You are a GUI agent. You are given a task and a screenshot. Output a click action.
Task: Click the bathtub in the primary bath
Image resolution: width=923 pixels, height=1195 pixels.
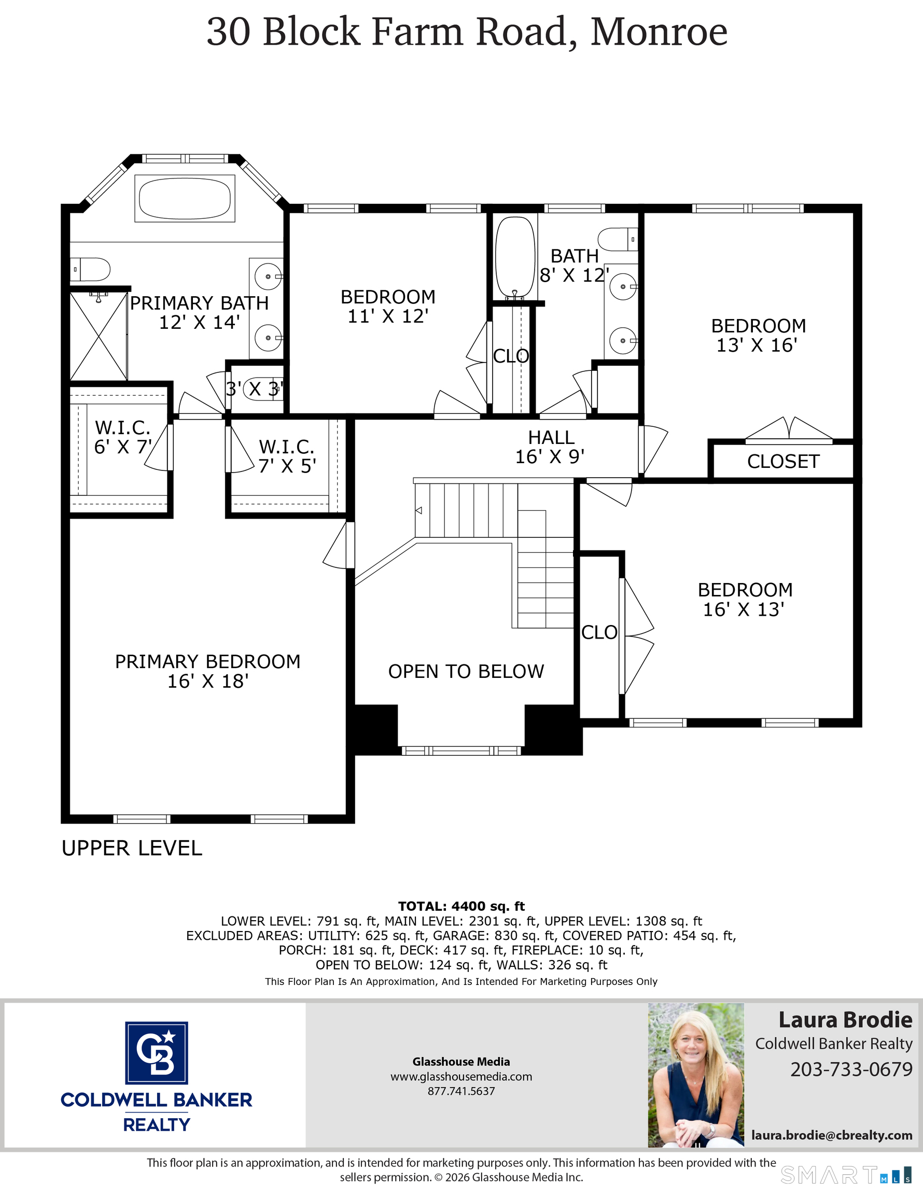[x=185, y=198]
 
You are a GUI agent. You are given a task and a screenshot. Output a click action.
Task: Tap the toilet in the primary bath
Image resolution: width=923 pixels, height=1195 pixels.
[x=91, y=269]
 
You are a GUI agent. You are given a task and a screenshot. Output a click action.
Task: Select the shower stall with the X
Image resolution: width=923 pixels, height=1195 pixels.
[x=99, y=337]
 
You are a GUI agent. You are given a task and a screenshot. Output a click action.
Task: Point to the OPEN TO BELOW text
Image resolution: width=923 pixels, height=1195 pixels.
[x=466, y=671]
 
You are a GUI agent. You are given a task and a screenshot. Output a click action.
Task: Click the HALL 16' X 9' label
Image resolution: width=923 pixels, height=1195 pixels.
[x=550, y=447]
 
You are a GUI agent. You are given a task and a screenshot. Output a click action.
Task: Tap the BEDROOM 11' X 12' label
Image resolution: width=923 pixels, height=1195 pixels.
[x=388, y=307]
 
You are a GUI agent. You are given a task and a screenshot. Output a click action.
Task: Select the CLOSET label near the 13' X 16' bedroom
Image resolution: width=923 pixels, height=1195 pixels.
[x=783, y=461]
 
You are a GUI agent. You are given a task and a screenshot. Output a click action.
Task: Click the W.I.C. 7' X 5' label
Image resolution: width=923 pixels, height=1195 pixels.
[x=287, y=456]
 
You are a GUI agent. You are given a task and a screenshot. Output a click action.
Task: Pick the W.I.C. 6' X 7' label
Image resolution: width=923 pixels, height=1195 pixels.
[x=122, y=437]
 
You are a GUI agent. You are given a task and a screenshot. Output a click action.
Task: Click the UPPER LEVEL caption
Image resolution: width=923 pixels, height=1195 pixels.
[x=132, y=848]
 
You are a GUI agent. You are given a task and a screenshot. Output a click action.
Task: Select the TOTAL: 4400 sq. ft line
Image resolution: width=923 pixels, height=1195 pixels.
[x=461, y=906]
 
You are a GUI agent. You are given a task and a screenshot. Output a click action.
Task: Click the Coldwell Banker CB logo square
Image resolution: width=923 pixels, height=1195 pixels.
[x=157, y=1053]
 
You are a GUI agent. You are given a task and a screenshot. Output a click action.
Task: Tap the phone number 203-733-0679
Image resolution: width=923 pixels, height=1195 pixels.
[x=851, y=1068]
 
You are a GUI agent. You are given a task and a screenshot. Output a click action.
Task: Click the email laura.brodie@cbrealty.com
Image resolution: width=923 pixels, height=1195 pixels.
[x=831, y=1135]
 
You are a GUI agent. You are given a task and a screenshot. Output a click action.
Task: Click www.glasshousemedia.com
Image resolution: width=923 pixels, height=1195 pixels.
[x=461, y=1076]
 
